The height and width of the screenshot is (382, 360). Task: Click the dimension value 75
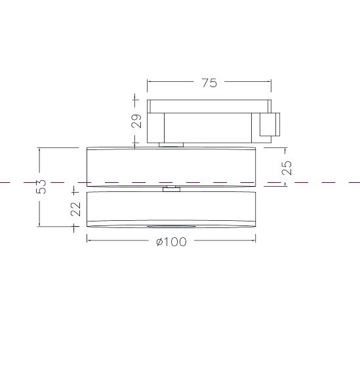pos(209,83)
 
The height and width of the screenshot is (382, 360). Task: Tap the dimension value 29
pos(136,121)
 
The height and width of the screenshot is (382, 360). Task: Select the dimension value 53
pos(41,187)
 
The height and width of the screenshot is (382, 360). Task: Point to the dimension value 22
pos(75,209)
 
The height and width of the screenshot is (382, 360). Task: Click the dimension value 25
pos(287,168)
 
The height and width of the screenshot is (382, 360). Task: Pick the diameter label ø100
pos(171,242)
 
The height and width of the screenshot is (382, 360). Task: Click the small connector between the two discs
pos(171,189)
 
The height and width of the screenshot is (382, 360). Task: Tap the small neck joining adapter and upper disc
pos(171,145)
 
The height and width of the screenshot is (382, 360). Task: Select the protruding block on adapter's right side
pos(270,124)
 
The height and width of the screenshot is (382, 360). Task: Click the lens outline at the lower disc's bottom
pos(171,226)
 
